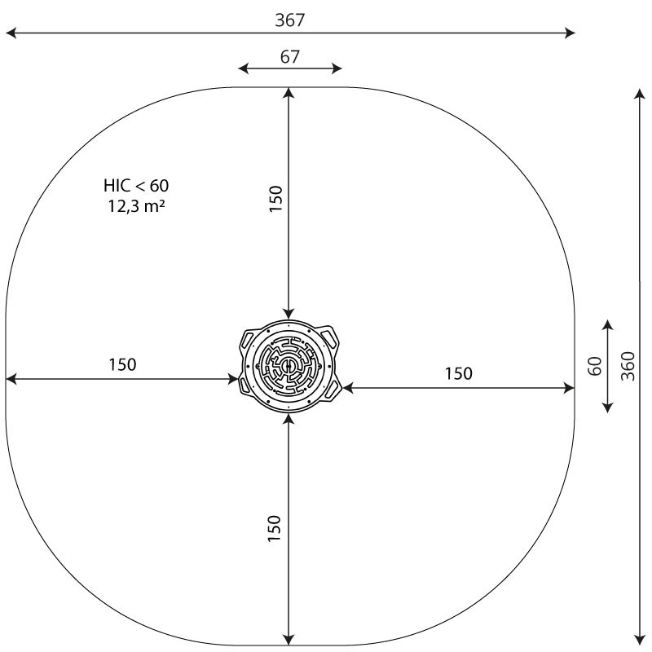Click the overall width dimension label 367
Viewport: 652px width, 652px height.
point(290,20)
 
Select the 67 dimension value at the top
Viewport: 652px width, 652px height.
point(290,56)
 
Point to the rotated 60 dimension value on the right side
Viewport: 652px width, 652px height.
point(595,367)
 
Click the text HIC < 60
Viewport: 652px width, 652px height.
point(136,185)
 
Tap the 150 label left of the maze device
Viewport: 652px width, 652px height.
point(122,364)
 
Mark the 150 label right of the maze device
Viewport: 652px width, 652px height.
point(458,373)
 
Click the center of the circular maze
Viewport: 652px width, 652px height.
point(288,367)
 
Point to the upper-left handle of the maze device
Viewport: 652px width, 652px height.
point(247,338)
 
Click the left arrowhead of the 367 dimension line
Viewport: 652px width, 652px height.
point(10,33)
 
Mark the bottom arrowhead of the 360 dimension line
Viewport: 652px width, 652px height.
point(638,637)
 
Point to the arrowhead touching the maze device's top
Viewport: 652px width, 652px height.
point(288,313)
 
